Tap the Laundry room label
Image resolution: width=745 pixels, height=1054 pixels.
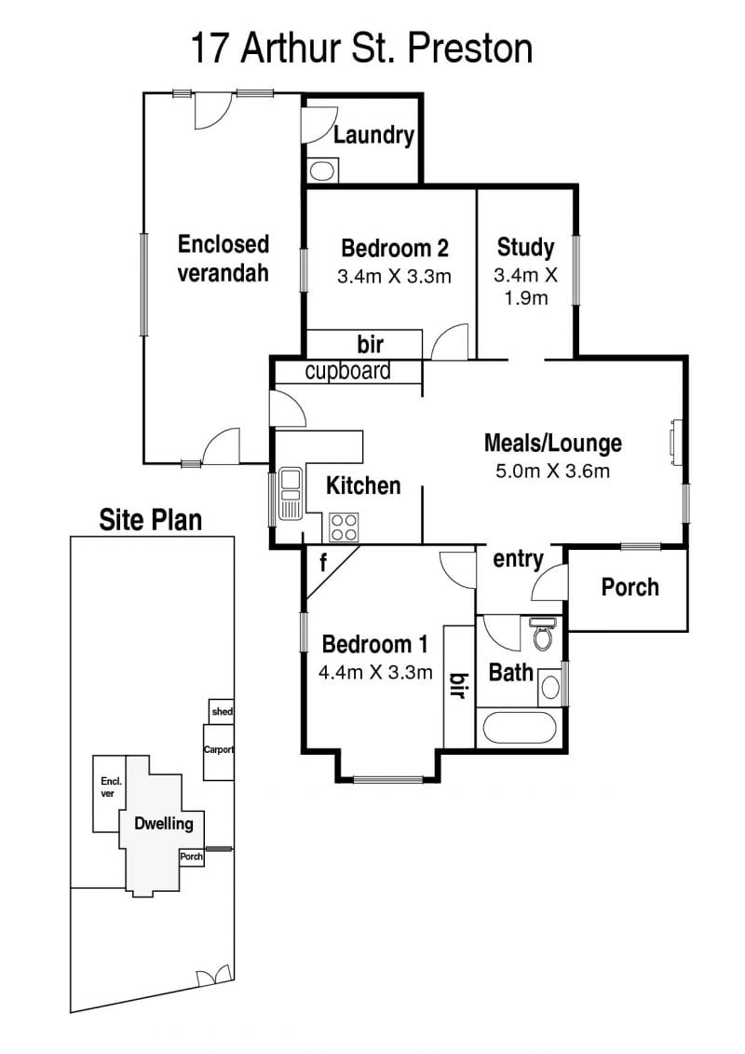(373, 135)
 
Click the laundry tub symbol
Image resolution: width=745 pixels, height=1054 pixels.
(322, 170)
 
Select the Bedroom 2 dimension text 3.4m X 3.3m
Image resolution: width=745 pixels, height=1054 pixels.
(394, 276)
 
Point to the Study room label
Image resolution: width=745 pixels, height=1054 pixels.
(525, 247)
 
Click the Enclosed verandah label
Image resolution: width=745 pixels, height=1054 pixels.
(223, 258)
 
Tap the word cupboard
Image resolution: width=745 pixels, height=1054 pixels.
(348, 371)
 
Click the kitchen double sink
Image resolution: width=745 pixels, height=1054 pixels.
(291, 494)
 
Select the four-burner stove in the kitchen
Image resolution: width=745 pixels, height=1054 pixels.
(344, 527)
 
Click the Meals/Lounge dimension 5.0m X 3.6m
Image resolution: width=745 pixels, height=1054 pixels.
(553, 471)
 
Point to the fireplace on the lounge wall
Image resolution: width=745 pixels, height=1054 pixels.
(675, 442)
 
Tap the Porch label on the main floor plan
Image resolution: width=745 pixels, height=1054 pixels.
(630, 587)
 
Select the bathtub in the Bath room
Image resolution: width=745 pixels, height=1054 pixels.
(520, 728)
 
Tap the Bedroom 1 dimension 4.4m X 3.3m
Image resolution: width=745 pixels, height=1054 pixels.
(375, 672)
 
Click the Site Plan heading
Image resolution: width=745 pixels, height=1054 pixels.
(151, 520)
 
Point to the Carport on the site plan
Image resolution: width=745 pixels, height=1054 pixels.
(219, 749)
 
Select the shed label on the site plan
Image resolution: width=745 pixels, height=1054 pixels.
(223, 711)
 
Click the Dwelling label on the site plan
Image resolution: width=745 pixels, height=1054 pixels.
(164, 824)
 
